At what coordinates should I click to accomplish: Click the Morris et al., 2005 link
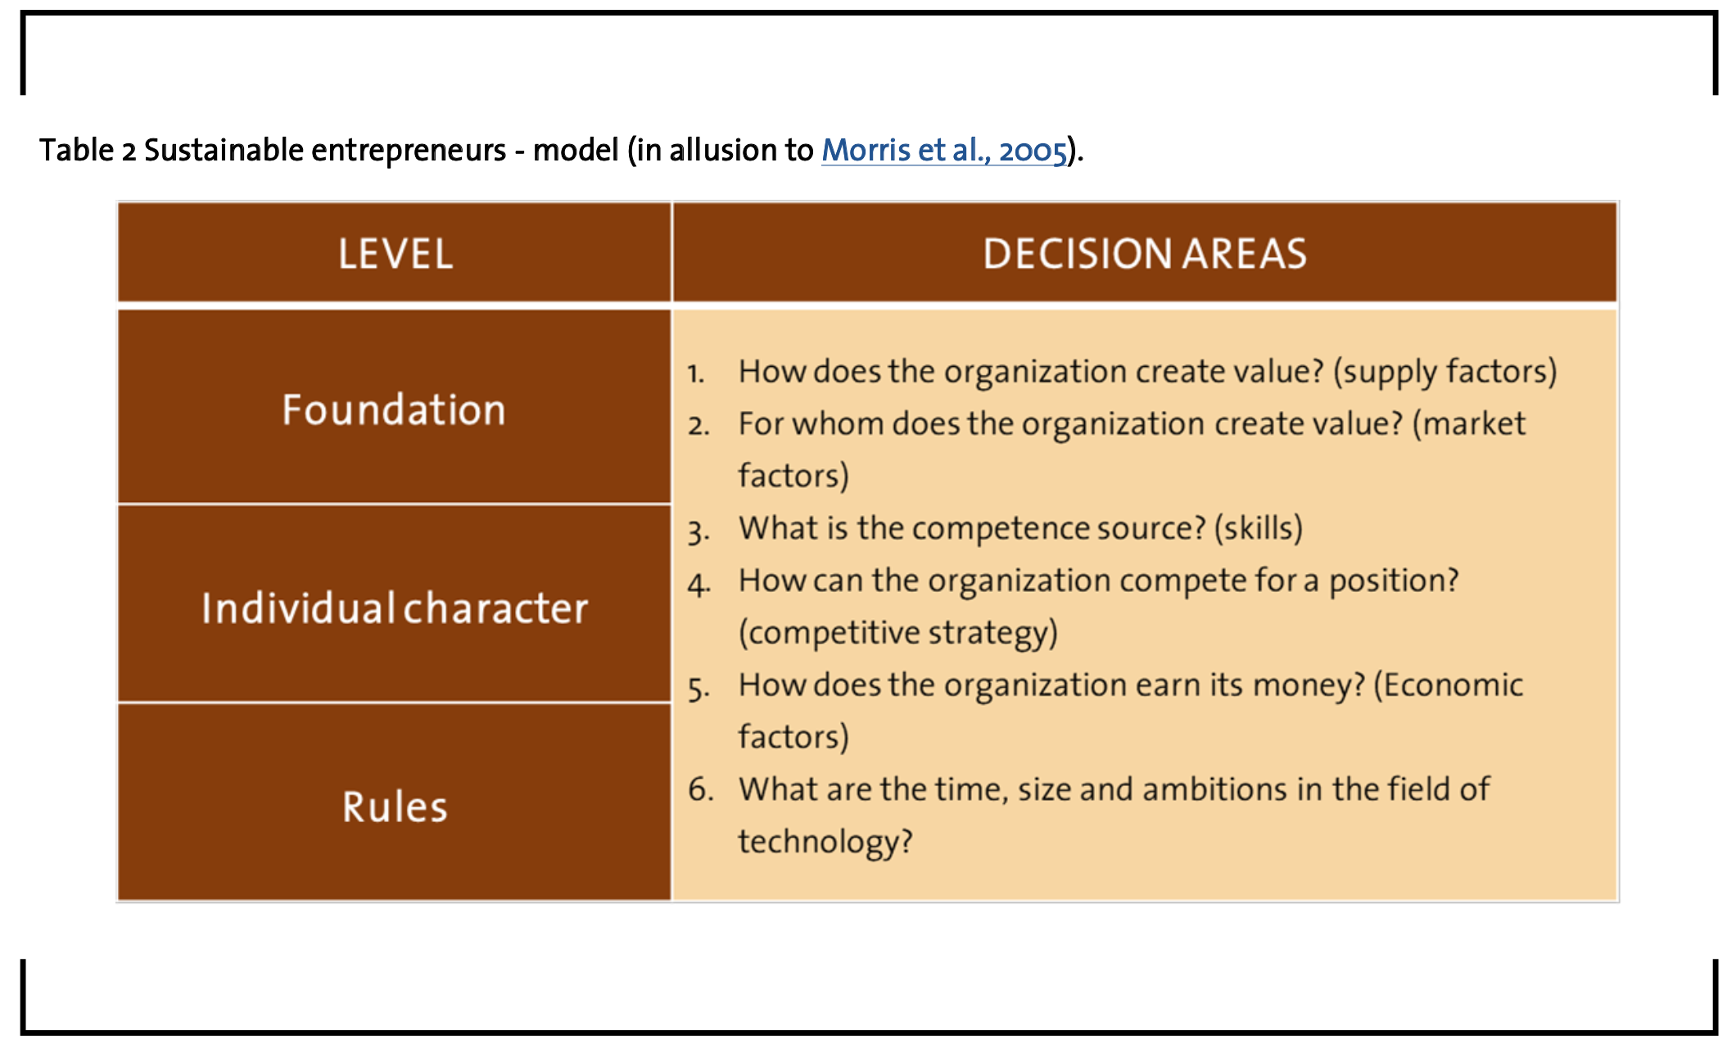tap(944, 151)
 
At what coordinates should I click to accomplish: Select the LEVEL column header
tap(396, 254)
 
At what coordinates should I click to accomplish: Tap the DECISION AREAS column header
tap(1145, 254)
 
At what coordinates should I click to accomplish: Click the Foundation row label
tap(394, 409)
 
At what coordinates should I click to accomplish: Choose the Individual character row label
tap(395, 608)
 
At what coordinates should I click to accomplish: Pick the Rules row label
tap(395, 807)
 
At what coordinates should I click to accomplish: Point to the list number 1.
tap(696, 374)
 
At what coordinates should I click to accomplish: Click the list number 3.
tap(698, 531)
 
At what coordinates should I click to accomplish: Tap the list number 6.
tap(701, 790)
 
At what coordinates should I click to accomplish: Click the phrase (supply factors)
tap(1444, 372)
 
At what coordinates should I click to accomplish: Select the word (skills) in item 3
tap(1258, 528)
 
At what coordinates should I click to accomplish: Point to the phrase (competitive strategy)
tap(898, 633)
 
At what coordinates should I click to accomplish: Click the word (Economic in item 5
tap(1448, 685)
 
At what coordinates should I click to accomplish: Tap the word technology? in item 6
tap(825, 842)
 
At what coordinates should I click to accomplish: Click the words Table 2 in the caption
tap(88, 151)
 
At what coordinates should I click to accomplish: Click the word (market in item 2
tap(1469, 424)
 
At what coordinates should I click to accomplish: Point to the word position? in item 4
tap(1394, 581)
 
